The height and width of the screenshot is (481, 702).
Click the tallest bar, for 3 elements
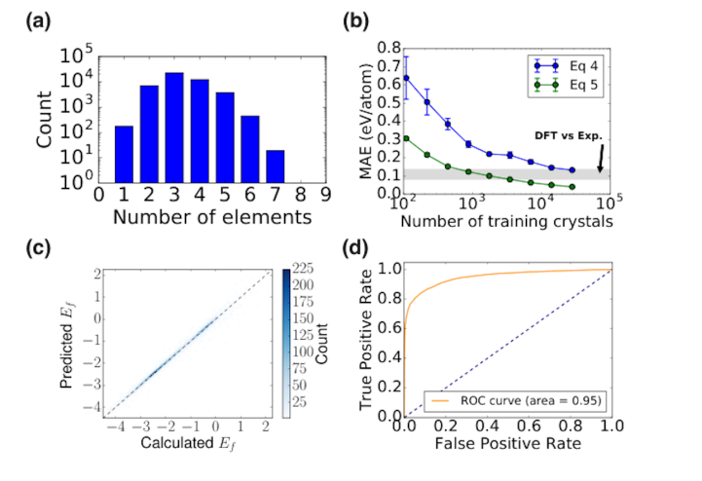(174, 128)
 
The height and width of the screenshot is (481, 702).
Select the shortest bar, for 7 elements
(276, 166)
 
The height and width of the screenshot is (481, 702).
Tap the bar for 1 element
(124, 155)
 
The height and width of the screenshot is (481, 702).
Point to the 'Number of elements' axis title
(212, 217)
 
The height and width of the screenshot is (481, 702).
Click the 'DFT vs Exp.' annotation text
(569, 135)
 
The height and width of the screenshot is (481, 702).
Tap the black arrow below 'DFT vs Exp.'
(601, 158)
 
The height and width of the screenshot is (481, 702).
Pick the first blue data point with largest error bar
(407, 78)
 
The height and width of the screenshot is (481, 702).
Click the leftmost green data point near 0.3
(407, 138)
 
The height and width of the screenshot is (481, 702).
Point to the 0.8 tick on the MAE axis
(389, 48)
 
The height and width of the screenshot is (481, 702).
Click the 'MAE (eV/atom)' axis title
(366, 122)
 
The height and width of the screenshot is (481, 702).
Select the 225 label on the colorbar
(303, 269)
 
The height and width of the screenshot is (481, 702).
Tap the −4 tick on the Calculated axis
(116, 426)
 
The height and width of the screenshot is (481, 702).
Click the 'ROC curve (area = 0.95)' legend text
(531, 400)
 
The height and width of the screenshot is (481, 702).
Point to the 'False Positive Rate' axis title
(507, 443)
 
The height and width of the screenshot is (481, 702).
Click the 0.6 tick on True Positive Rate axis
(389, 328)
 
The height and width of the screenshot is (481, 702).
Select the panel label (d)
(355, 247)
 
